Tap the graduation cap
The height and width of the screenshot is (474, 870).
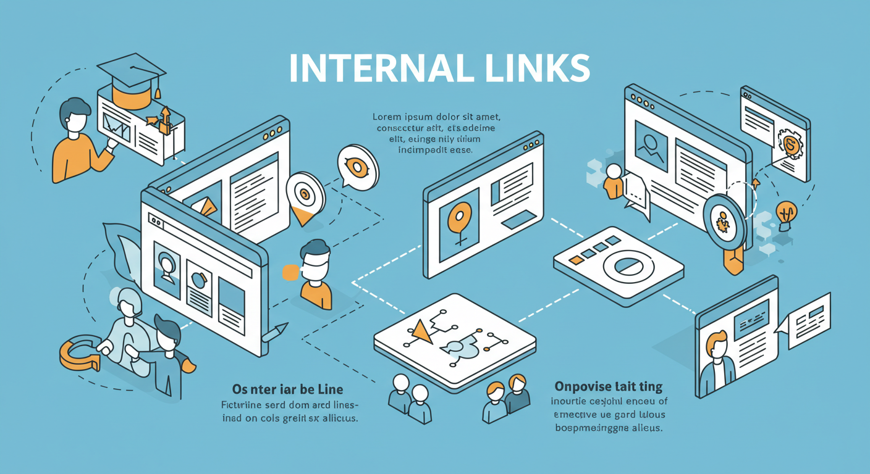click(x=129, y=72)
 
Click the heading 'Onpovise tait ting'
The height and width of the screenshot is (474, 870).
click(x=608, y=388)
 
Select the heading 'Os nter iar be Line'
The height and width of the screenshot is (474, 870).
click(x=287, y=389)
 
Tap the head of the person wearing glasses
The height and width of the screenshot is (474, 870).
click(x=315, y=259)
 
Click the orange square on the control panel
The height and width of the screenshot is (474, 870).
click(x=576, y=260)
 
